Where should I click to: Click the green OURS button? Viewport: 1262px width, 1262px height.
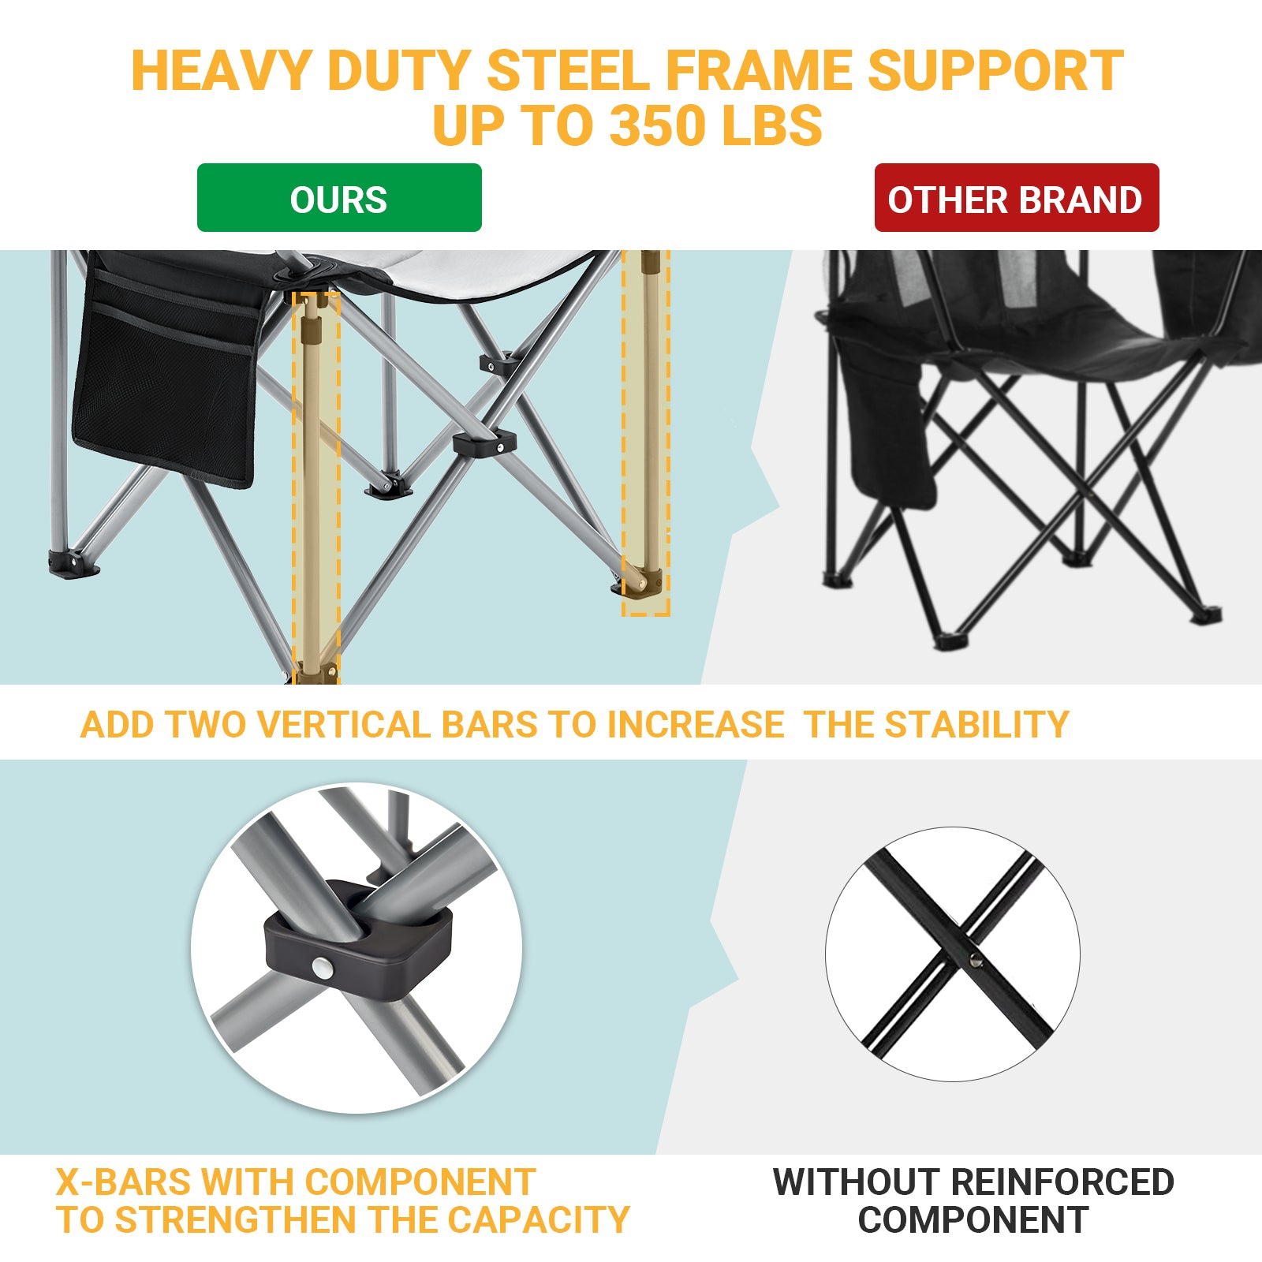[339, 198]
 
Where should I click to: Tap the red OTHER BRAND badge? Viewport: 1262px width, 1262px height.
[1016, 198]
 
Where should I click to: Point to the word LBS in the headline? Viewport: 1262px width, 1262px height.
[772, 126]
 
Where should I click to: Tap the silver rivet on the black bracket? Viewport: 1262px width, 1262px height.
[322, 968]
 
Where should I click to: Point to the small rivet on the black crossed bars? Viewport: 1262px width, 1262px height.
[975, 958]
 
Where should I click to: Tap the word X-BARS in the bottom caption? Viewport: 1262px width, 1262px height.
[123, 1182]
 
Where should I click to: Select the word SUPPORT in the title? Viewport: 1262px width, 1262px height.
[995, 71]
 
